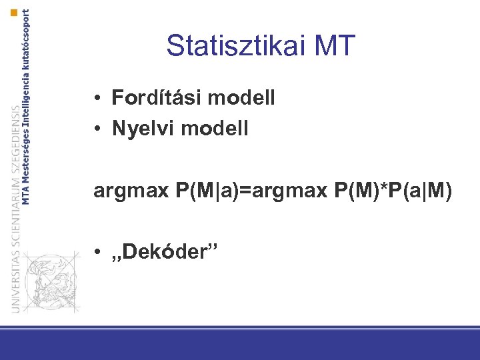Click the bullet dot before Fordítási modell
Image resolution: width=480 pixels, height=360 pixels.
tap(97, 99)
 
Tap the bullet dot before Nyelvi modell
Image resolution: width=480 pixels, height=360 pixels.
tap(97, 129)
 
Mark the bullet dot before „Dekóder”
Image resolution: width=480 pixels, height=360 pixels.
tap(97, 253)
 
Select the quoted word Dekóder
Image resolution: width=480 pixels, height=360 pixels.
tap(163, 252)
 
